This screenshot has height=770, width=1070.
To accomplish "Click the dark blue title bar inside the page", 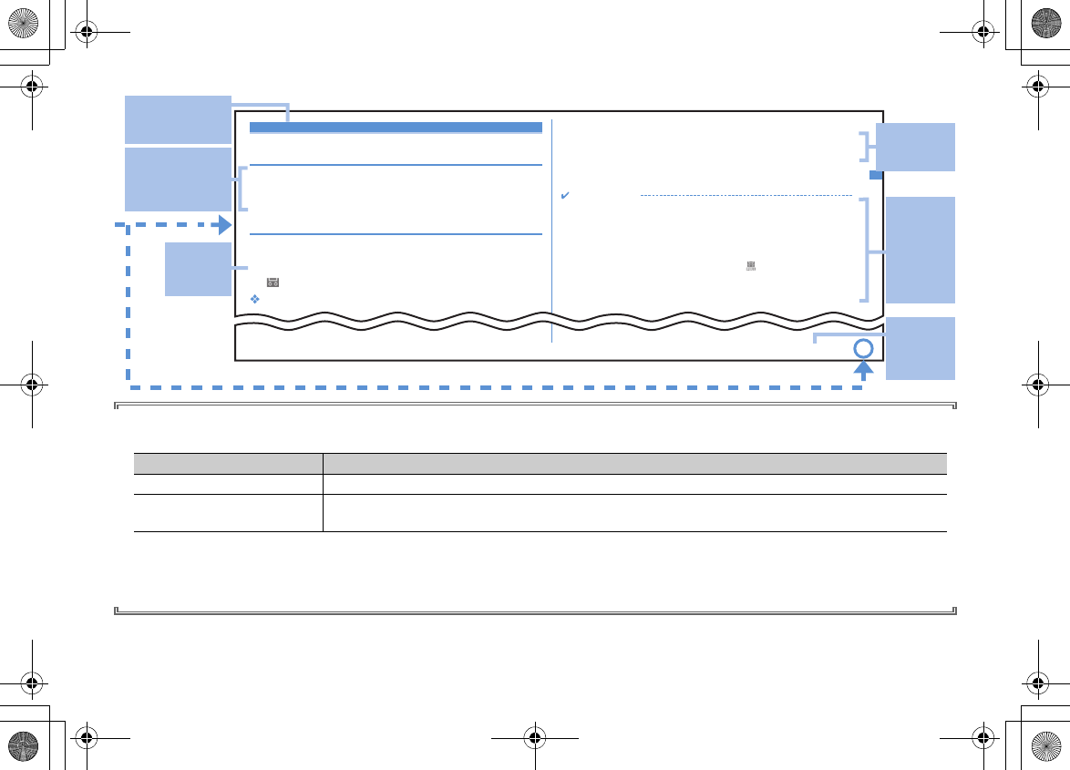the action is pyautogui.click(x=396, y=128).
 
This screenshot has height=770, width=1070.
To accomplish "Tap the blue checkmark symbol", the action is pyautogui.click(x=565, y=196).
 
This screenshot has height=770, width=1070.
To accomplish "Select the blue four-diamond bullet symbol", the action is pyautogui.click(x=255, y=299).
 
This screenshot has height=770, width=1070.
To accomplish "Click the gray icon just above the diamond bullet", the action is pyautogui.click(x=272, y=283).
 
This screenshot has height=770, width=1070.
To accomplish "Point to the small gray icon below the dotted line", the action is pyautogui.click(x=751, y=265).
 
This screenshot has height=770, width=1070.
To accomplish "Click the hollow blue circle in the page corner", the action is pyautogui.click(x=863, y=349).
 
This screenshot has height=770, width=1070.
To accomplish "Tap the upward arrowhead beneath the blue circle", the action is pyautogui.click(x=863, y=369).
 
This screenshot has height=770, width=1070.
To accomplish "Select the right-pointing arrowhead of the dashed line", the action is pyautogui.click(x=224, y=225).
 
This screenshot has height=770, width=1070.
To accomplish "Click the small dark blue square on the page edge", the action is pyautogui.click(x=875, y=175).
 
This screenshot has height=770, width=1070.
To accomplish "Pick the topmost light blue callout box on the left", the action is pyautogui.click(x=178, y=118).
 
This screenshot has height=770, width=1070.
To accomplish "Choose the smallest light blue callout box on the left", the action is pyautogui.click(x=198, y=269).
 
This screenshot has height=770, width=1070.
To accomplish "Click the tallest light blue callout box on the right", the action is pyautogui.click(x=921, y=250).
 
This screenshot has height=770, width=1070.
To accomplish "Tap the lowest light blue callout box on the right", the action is pyautogui.click(x=921, y=348).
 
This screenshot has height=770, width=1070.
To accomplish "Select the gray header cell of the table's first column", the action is pyautogui.click(x=228, y=463).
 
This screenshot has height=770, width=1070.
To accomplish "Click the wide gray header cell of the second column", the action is pyautogui.click(x=635, y=463).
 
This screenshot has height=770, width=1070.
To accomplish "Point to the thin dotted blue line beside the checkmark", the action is pyautogui.click(x=746, y=196).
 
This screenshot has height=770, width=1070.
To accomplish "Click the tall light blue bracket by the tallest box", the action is pyautogui.click(x=867, y=251).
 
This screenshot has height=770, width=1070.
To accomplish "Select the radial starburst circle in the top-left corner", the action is pyautogui.click(x=21, y=21).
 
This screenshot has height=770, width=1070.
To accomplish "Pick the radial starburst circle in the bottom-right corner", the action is pyautogui.click(x=1048, y=748).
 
